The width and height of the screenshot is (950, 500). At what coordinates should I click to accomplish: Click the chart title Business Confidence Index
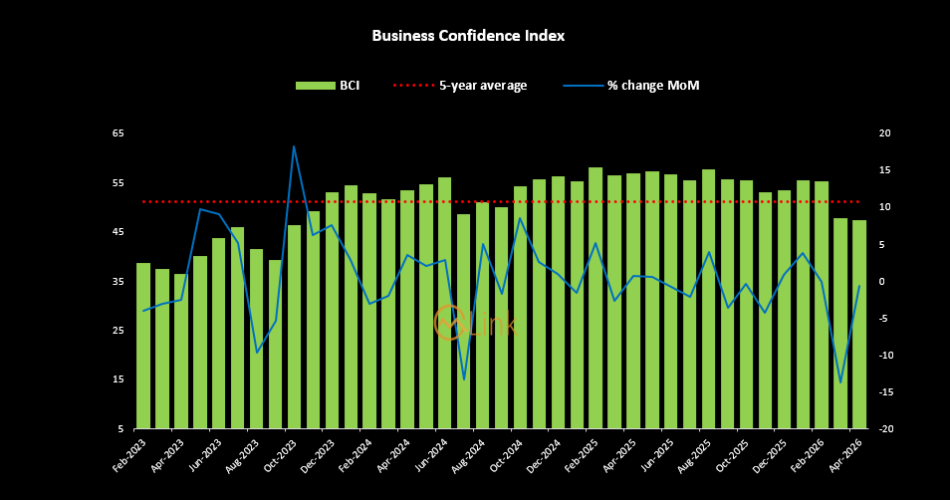(468, 36)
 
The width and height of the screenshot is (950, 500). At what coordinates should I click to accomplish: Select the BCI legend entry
(329, 86)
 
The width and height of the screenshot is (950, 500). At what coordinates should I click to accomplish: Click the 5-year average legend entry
(460, 86)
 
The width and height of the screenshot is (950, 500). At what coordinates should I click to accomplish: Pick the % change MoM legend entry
(631, 86)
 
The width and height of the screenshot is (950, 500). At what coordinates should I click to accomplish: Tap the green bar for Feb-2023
(143, 346)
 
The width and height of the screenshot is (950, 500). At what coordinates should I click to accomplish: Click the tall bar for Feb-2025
(595, 298)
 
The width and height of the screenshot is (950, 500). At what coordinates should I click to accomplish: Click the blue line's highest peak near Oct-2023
(294, 146)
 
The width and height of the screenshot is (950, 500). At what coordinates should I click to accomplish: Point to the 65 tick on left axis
(119, 133)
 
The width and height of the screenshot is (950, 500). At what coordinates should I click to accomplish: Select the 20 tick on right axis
(884, 133)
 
